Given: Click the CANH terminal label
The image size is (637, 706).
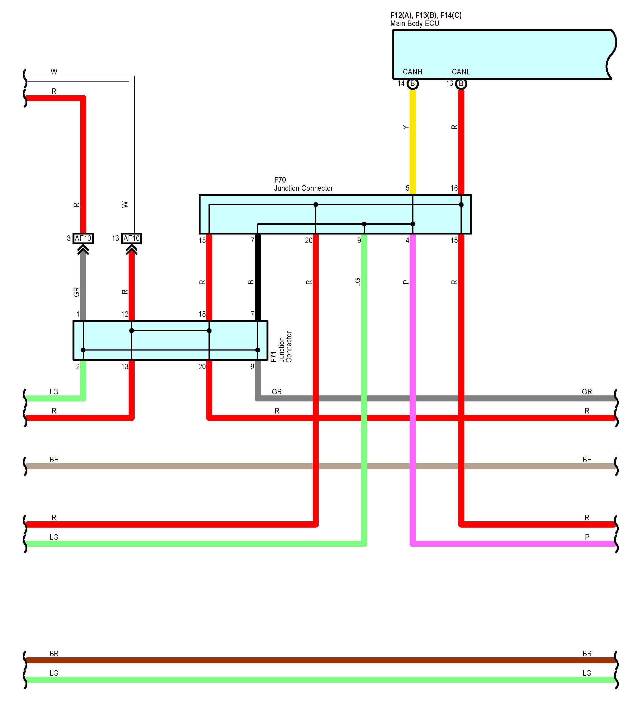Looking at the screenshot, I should (x=412, y=72).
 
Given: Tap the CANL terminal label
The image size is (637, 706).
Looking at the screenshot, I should (x=461, y=72).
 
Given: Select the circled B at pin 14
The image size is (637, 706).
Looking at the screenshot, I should (x=413, y=84).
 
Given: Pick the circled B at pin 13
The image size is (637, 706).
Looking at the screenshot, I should (x=461, y=84).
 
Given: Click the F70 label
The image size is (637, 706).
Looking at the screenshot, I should (x=280, y=180).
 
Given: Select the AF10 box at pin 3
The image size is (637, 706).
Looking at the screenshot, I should (x=83, y=238).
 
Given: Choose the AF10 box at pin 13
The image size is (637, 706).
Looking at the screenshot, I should (x=132, y=238).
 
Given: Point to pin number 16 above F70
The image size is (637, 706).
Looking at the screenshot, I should (x=454, y=188).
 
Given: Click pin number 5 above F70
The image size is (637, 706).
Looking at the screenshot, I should (x=407, y=188).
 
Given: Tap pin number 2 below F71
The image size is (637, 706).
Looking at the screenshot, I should (x=78, y=366).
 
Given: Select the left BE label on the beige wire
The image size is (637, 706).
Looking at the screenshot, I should (x=54, y=459).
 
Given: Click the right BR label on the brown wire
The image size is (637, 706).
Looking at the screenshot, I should (x=587, y=653).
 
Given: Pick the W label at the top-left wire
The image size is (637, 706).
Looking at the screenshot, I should (x=54, y=72).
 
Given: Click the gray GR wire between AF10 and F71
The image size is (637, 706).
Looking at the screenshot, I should (x=83, y=287).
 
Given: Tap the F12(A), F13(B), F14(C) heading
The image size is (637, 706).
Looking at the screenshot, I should (x=426, y=15).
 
